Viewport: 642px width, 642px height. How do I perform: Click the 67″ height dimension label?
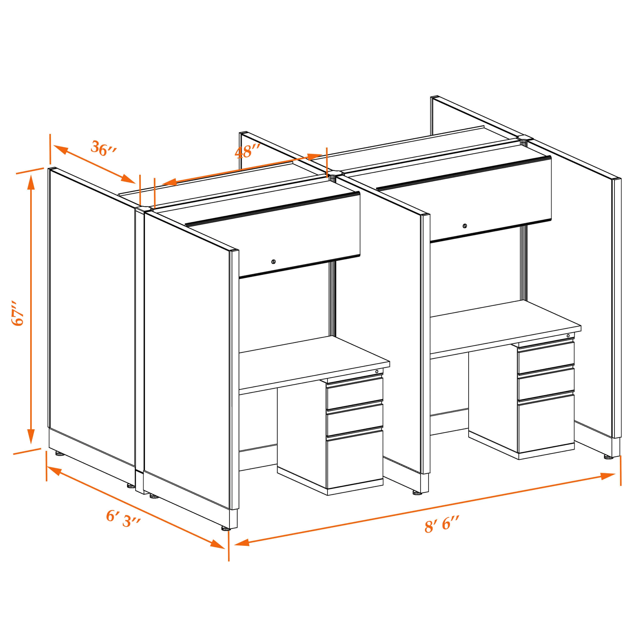pos(18,313)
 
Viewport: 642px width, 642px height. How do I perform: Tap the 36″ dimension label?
pos(104,148)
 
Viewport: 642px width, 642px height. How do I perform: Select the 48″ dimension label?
pos(247,152)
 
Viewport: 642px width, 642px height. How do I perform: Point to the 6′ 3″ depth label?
pos(124,519)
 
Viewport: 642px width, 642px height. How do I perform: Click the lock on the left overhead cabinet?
pos(273,262)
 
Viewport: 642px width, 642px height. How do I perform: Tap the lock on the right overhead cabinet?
pos(465,226)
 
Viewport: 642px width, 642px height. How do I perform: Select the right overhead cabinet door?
pos(490,199)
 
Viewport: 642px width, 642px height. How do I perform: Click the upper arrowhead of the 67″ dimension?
pos(31,182)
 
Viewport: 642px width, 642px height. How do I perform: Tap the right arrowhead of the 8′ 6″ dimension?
pos(608,476)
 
